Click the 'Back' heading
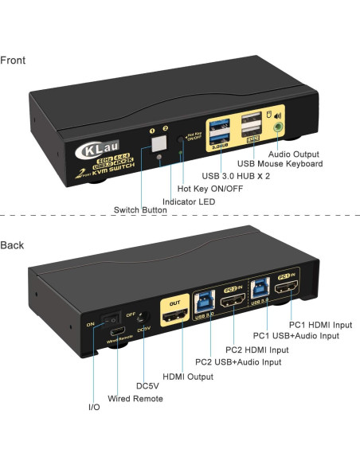pos(13,244)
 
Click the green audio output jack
pos(278,127)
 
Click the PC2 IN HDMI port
pos(234,301)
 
